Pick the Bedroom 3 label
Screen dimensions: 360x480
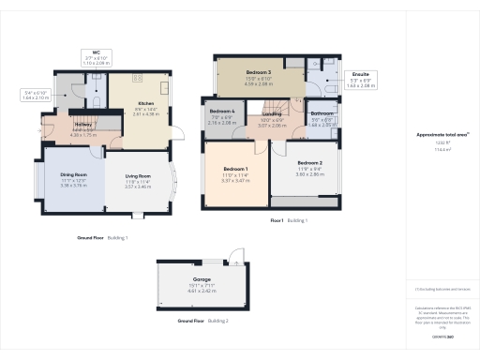click(258, 72)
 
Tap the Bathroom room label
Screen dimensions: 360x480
click(322, 112)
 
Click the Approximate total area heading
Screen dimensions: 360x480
click(438, 134)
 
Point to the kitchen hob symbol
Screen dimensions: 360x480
click(138, 78)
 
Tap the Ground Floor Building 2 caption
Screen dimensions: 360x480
click(203, 321)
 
